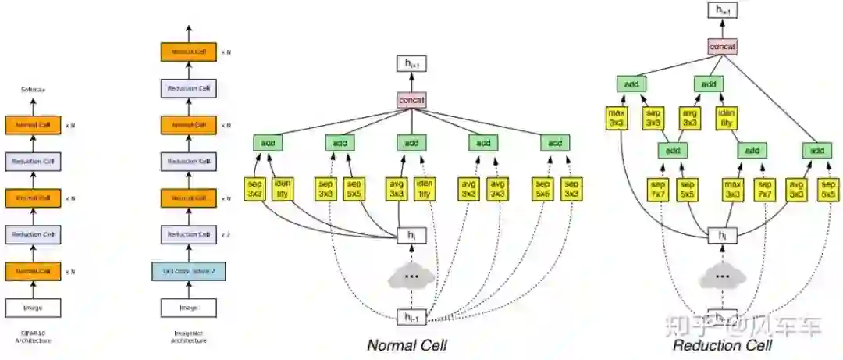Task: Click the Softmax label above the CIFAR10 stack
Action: [x=33, y=91]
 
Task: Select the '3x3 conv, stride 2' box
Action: [x=187, y=271]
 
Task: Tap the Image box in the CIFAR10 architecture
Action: [x=33, y=308]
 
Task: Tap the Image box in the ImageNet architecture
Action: [x=187, y=308]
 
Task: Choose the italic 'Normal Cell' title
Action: [x=407, y=344]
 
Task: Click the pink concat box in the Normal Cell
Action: [x=411, y=100]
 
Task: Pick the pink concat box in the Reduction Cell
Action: [x=723, y=47]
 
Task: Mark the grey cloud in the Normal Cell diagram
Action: [x=411, y=277]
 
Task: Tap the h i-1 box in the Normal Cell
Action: [x=411, y=316]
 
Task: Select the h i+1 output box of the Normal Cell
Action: [x=411, y=64]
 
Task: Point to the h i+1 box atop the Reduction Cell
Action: [x=723, y=10]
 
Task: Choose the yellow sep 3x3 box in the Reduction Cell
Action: [x=653, y=118]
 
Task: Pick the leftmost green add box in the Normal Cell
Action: [x=268, y=143]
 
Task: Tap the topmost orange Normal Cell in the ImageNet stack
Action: [x=187, y=52]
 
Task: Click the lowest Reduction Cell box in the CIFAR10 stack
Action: [x=33, y=234]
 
